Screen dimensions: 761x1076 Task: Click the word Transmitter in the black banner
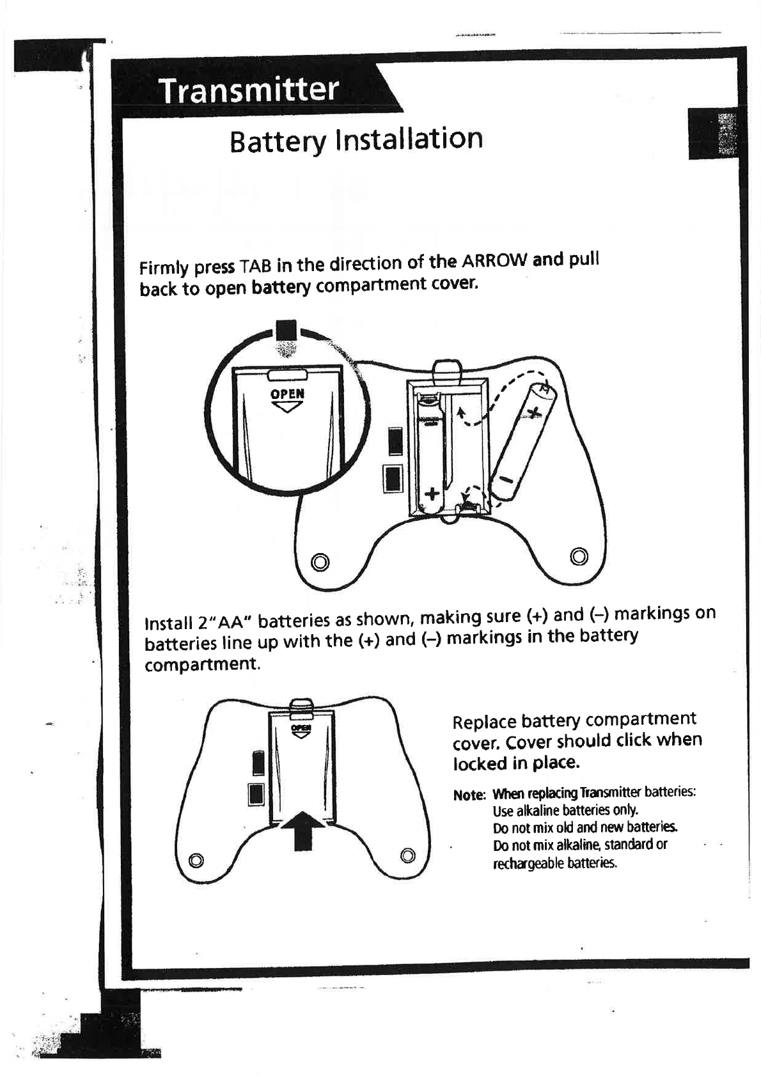248,90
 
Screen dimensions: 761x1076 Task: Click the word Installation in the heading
409,139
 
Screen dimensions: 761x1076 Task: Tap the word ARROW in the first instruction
494,261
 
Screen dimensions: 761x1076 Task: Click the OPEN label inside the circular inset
288,394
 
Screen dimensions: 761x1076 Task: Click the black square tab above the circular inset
286,331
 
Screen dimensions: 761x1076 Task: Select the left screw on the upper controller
320,562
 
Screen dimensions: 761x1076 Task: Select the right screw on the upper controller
579,554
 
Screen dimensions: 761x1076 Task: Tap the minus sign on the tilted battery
506,480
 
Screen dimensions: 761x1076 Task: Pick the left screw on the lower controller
197,859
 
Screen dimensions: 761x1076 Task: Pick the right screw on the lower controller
407,855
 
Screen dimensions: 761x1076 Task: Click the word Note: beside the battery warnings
469,795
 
